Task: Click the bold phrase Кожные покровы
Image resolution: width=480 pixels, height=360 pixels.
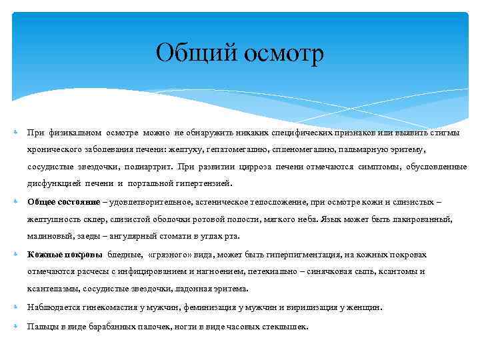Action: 65,255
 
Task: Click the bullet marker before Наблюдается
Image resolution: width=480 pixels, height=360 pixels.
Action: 16,308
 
